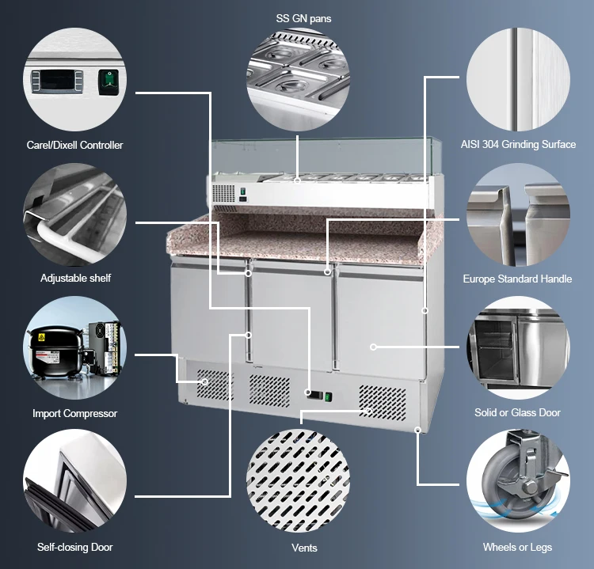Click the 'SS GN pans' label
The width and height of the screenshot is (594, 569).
click(x=303, y=18)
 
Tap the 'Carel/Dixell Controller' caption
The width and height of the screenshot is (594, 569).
click(x=74, y=145)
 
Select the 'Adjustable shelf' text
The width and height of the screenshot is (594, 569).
click(x=75, y=279)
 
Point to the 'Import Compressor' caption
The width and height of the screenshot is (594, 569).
click(x=74, y=413)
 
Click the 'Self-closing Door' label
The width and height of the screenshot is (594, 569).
click(x=74, y=547)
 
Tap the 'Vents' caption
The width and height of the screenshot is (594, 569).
click(x=304, y=548)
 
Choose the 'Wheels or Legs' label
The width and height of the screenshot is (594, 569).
click(x=517, y=547)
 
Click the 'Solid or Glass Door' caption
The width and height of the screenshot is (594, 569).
click(x=517, y=412)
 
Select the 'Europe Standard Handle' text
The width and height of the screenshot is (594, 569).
click(x=517, y=279)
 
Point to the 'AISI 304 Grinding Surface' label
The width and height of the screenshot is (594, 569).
click(x=518, y=144)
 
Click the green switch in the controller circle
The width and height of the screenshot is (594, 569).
click(x=109, y=82)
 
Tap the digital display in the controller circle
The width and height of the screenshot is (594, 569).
click(x=57, y=81)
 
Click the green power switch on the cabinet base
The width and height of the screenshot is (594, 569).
click(x=328, y=397)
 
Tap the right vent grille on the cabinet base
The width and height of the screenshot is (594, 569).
click(x=383, y=404)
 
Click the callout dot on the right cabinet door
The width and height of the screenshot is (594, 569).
click(x=373, y=347)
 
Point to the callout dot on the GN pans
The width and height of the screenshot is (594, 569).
click(x=297, y=181)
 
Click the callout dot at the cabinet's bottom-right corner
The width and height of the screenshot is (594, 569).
click(x=418, y=430)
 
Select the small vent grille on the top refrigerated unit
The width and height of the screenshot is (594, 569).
click(x=223, y=193)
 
